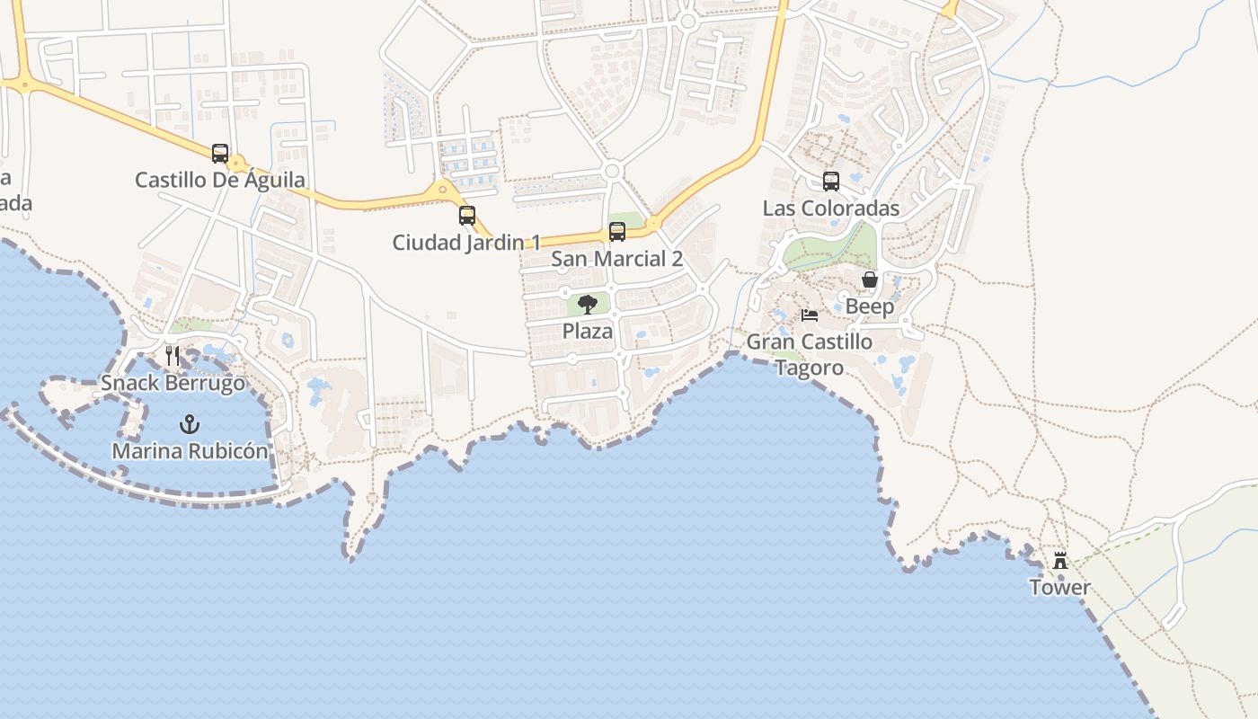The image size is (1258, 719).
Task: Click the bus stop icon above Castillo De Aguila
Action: pyautogui.click(x=220, y=154)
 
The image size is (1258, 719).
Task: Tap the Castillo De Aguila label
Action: pyautogui.click(x=220, y=180)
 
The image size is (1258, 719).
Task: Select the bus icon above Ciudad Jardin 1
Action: pyautogui.click(x=467, y=216)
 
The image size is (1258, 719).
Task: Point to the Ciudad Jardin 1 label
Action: pyautogui.click(x=467, y=243)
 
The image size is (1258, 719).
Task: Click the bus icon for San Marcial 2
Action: pyautogui.click(x=617, y=232)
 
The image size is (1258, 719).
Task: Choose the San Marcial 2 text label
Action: pyautogui.click(x=617, y=259)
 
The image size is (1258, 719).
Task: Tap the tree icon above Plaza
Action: pyautogui.click(x=588, y=305)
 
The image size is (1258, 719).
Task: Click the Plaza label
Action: pyautogui.click(x=588, y=331)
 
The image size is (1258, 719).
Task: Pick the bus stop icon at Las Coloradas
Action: pyautogui.click(x=831, y=182)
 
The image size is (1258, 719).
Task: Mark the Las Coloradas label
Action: pyautogui.click(x=831, y=209)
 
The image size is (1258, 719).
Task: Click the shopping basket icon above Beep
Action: pyautogui.click(x=870, y=280)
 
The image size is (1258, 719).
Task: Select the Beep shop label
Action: pyautogui.click(x=870, y=306)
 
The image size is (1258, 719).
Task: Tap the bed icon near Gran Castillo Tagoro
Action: pyautogui.click(x=810, y=315)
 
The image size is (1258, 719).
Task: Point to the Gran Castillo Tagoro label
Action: pyautogui.click(x=810, y=354)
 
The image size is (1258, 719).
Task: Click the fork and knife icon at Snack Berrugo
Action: pyautogui.click(x=173, y=356)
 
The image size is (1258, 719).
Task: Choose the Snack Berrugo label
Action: pyautogui.click(x=173, y=383)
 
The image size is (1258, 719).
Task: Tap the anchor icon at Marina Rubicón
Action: pyautogui.click(x=190, y=423)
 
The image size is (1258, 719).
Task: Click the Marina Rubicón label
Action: pyautogui.click(x=190, y=450)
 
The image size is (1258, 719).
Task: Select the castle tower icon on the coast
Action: pyautogui.click(x=1060, y=561)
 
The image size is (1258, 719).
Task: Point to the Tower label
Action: pyautogui.click(x=1060, y=588)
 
